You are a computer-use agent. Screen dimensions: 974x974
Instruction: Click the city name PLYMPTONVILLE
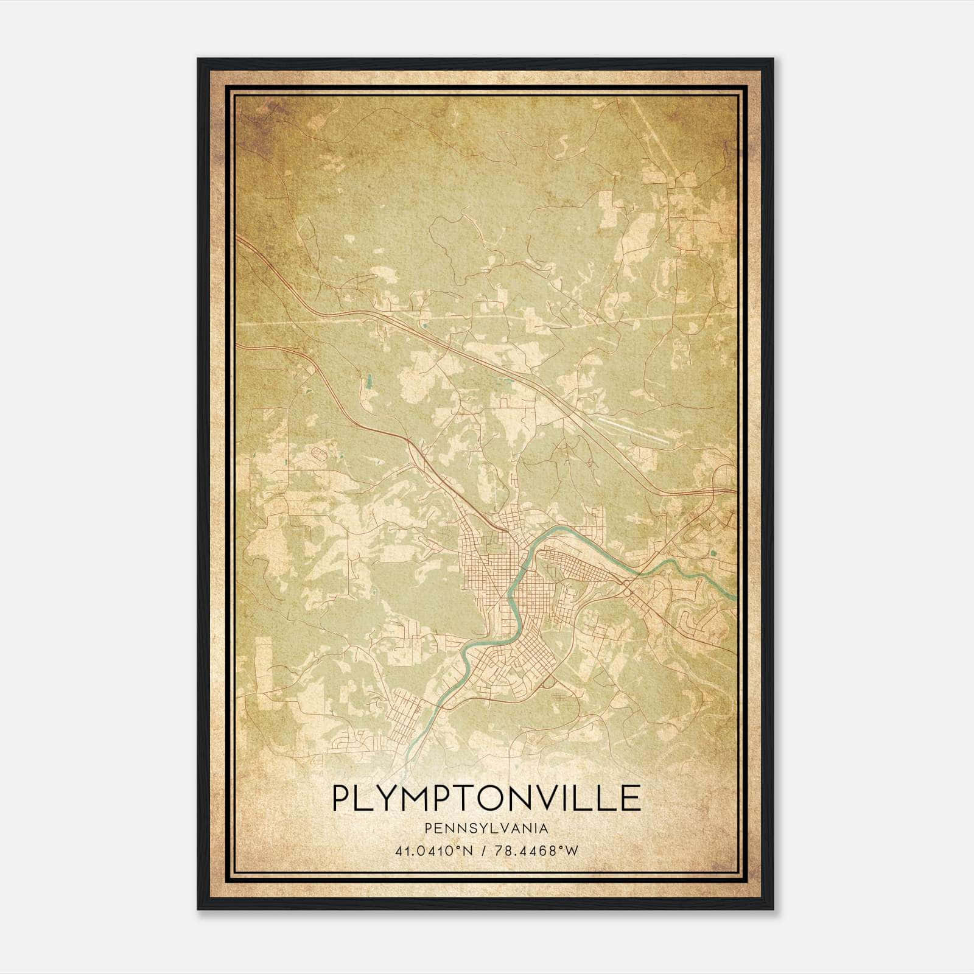[486, 797]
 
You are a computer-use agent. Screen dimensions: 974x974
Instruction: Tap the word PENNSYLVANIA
[486, 829]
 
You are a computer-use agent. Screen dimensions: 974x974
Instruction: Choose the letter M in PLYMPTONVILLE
[424, 797]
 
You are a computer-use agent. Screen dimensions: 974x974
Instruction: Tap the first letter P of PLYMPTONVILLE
[342, 797]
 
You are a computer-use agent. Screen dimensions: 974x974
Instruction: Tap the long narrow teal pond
[368, 382]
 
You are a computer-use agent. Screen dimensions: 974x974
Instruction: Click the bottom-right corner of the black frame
[773, 909]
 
